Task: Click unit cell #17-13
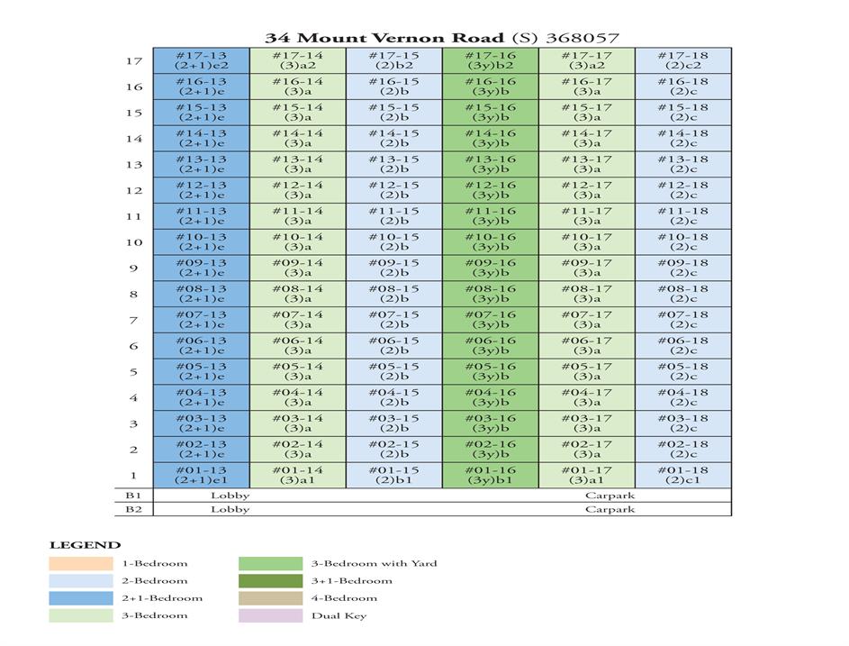point(201,60)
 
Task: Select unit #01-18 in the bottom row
point(682,475)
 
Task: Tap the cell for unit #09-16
point(490,268)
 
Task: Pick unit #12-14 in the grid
point(297,190)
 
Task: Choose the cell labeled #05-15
point(393,371)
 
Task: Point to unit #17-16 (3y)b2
point(490,60)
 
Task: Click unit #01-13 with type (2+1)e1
point(201,475)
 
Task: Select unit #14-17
point(586,138)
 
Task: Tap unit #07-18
point(682,320)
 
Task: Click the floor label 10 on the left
point(133,242)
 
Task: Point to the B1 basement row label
point(133,496)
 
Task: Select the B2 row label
point(133,509)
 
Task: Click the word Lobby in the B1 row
point(230,496)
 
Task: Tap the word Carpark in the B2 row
point(610,509)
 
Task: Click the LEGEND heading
point(85,545)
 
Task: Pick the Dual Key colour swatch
point(270,615)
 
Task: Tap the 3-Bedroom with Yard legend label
point(374,564)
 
